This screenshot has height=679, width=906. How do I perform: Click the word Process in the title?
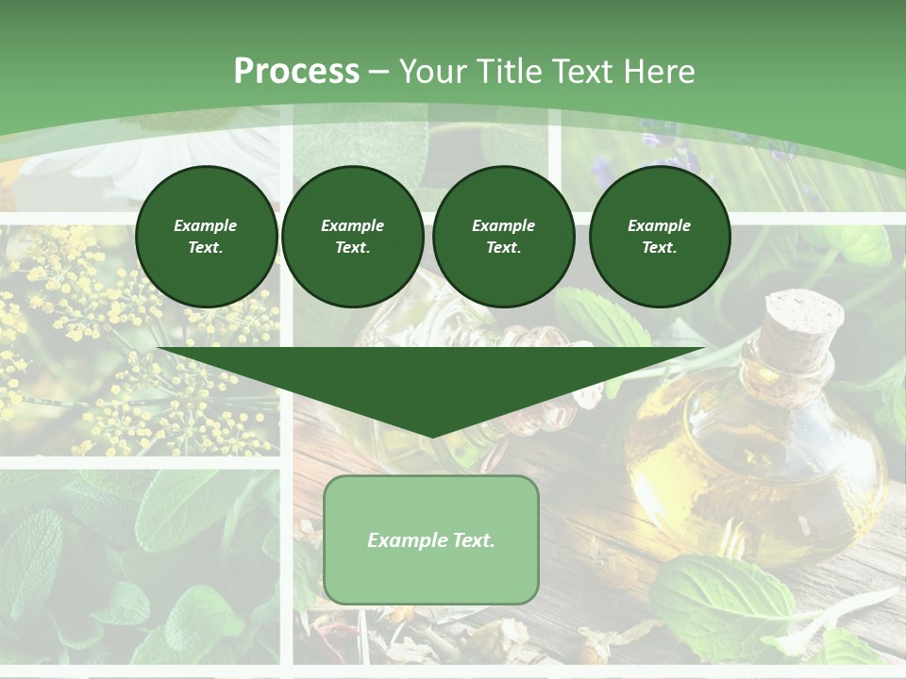(296, 72)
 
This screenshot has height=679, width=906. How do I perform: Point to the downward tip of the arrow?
(431, 434)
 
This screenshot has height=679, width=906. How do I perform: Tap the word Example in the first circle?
(205, 225)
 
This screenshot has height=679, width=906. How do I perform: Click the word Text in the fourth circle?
(658, 247)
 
